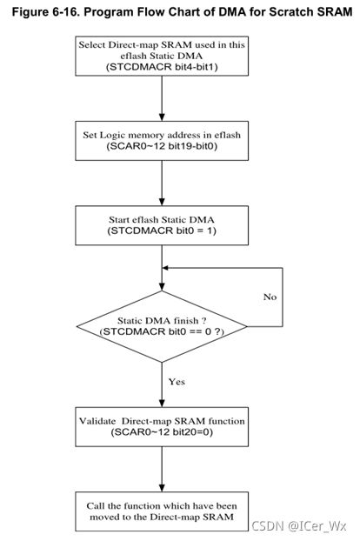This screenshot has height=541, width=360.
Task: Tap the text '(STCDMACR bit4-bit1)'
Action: tap(162, 67)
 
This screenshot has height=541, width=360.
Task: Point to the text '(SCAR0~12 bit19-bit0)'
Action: tap(162, 146)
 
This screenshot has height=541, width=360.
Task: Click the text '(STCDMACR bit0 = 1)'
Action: tap(162, 230)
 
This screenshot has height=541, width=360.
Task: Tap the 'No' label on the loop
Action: tap(270, 297)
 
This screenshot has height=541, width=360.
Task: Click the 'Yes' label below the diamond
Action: tap(177, 382)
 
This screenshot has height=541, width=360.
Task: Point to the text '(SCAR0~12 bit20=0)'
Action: tap(162, 431)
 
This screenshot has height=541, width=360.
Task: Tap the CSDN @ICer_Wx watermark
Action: tap(299, 526)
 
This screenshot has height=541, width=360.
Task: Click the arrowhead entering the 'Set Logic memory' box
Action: tap(162, 117)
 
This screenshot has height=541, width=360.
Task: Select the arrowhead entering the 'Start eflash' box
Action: tap(162, 202)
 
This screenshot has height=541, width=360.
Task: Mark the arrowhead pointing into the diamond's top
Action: tap(162, 286)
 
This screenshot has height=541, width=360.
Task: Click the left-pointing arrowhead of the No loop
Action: tap(166, 268)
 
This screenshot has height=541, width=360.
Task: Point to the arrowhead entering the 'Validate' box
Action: tap(162, 403)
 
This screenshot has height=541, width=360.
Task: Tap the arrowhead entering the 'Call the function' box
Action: tap(162, 488)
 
